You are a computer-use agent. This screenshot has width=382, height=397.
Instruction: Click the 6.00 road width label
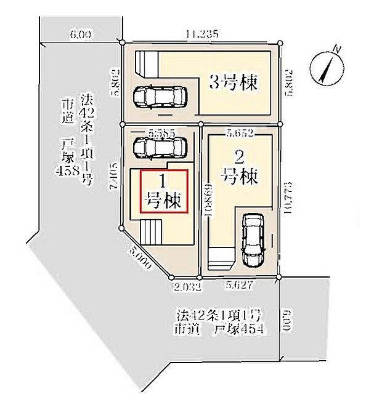81,36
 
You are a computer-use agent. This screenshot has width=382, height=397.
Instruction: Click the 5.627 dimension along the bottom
240,286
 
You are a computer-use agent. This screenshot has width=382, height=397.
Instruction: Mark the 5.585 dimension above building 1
161,132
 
